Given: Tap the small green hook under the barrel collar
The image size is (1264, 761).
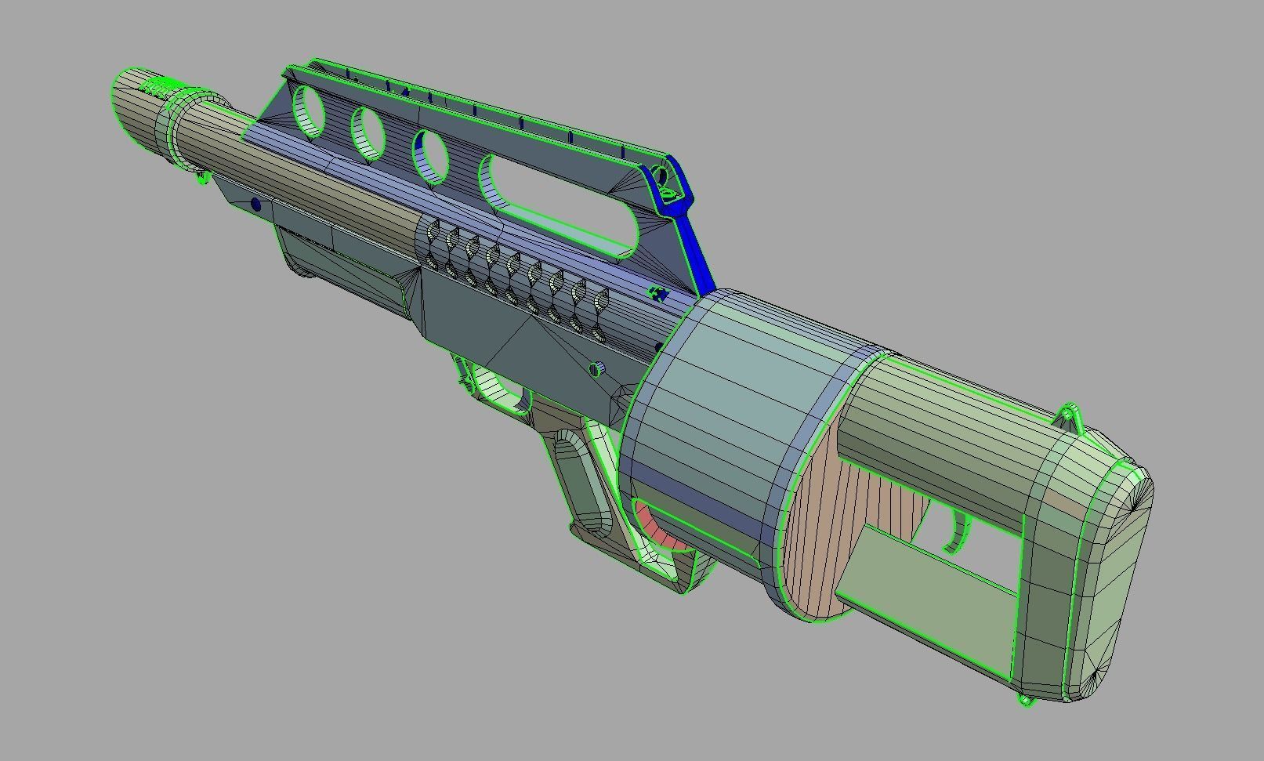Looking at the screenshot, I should click(x=204, y=179).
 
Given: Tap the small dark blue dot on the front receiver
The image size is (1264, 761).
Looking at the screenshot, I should click(x=255, y=205).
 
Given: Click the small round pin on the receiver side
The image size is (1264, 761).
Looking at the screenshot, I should click(x=597, y=368).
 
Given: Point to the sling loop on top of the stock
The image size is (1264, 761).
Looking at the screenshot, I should click(x=1070, y=415).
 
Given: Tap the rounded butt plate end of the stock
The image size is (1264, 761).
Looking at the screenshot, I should click(x=1113, y=580).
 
